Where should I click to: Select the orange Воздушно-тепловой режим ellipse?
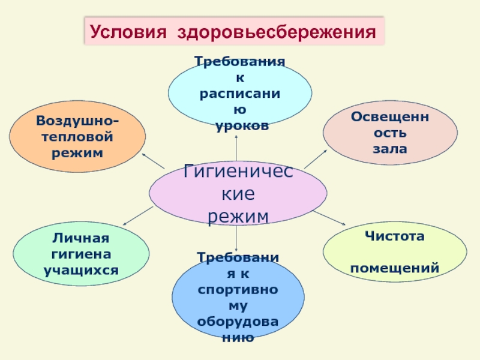pyautogui.click(x=77, y=137)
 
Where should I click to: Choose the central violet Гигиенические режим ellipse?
pyautogui.click(x=238, y=193)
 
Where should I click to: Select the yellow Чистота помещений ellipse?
pyautogui.click(x=394, y=251)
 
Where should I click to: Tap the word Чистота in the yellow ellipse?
pyautogui.click(x=394, y=236)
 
